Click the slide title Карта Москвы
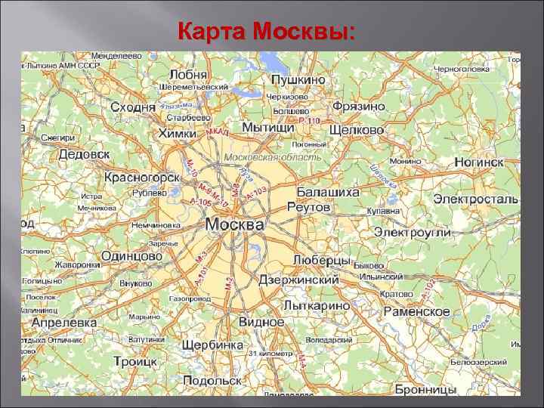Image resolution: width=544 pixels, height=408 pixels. [x=265, y=32]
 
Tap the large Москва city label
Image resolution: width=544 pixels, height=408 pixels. [x=235, y=225]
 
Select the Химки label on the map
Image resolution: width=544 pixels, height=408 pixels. [x=177, y=133]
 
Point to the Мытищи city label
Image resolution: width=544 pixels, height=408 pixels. [x=268, y=128]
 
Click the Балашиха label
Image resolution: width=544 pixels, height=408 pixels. [x=327, y=192]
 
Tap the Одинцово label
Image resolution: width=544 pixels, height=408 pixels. [x=132, y=256]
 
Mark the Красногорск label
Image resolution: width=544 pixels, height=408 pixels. [x=142, y=178]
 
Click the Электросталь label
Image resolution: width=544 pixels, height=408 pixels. [x=475, y=199]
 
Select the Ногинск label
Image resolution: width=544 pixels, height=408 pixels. [x=479, y=162]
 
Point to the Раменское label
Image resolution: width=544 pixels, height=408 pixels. [x=416, y=311]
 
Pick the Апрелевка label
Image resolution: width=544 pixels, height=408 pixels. [x=63, y=322]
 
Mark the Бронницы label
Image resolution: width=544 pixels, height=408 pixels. [x=425, y=390]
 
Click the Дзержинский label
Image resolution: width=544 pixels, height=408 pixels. [x=298, y=280]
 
